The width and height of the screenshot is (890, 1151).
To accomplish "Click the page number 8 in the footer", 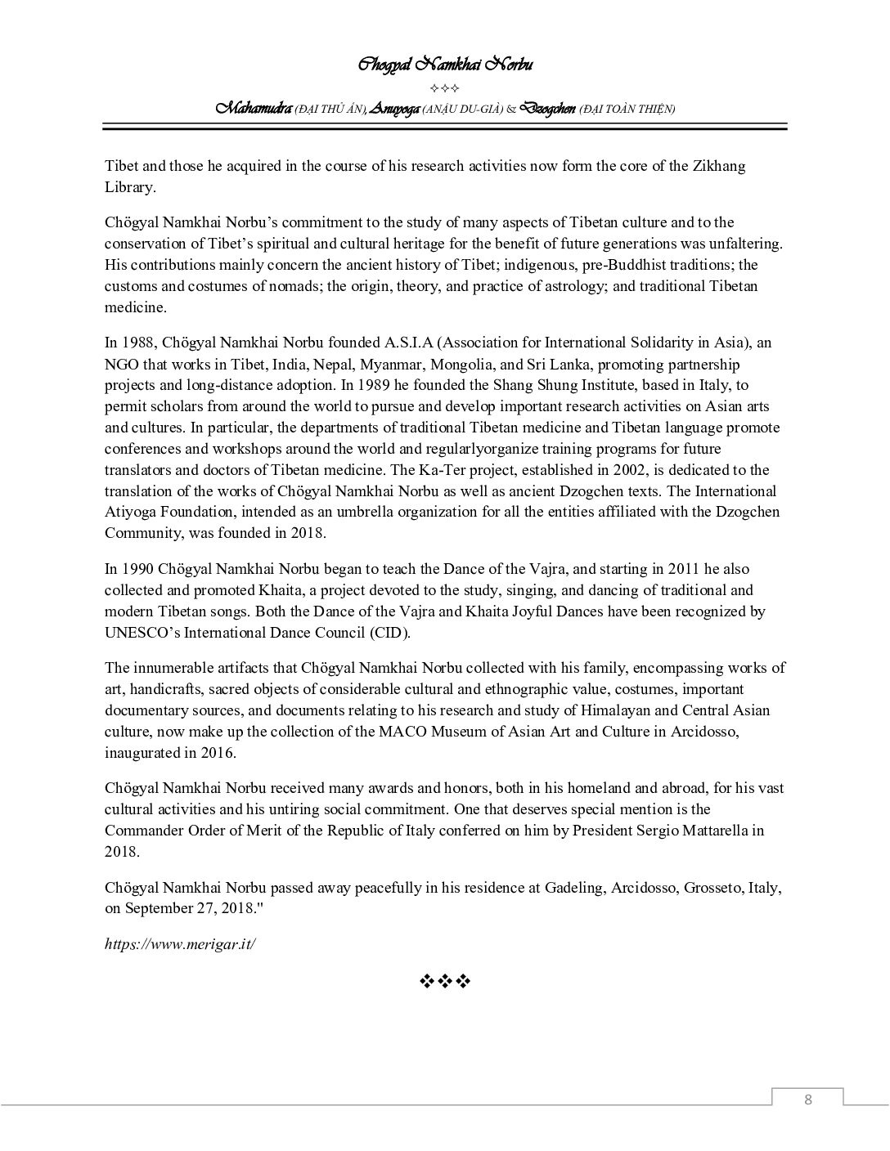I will [808, 1099].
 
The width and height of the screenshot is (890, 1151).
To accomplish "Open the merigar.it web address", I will [180, 943].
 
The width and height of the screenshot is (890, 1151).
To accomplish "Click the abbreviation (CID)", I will [389, 633].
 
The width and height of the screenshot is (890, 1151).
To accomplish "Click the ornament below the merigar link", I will [445, 981].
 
